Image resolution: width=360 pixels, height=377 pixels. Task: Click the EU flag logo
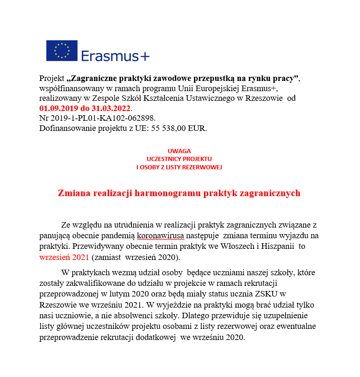click(x=62, y=50)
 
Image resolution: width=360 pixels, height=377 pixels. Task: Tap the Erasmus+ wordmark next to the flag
click(x=115, y=56)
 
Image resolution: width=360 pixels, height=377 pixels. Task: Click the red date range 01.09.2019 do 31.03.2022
click(x=85, y=108)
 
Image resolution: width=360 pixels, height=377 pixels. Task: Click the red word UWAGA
click(x=179, y=151)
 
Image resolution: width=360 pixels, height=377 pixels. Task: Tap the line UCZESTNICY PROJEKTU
click(x=179, y=159)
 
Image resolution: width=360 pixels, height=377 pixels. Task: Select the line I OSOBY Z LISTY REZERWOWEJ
click(x=179, y=167)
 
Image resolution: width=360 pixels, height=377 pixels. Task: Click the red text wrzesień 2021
click(x=64, y=257)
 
